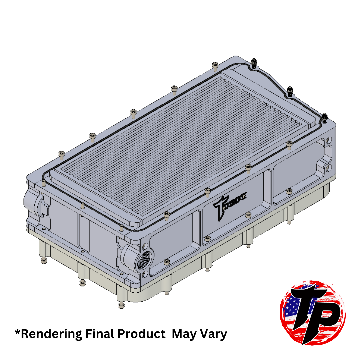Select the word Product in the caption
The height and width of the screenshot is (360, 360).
pyautogui.click(x=144, y=334)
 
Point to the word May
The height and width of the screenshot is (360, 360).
pyautogui.click(x=184, y=334)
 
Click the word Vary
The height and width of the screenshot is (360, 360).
pyautogui.click(x=213, y=334)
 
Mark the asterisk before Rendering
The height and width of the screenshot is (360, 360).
pyautogui.click(x=17, y=332)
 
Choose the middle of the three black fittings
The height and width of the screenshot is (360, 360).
pyautogui.click(x=290, y=91)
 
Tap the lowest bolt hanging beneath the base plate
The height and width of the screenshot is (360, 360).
pyautogui.click(x=121, y=305)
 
